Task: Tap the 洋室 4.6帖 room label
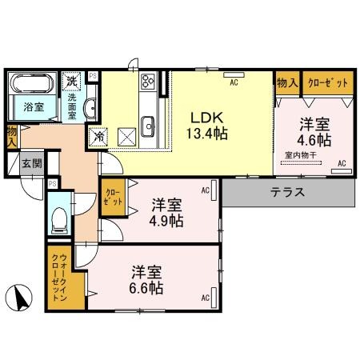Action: click(x=314, y=132)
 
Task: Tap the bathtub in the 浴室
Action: click(x=30, y=84)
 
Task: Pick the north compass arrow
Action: click(x=22, y=300)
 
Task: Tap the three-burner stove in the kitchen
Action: click(x=149, y=82)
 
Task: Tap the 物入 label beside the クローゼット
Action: click(x=286, y=82)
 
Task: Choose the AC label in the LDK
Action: click(x=234, y=81)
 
